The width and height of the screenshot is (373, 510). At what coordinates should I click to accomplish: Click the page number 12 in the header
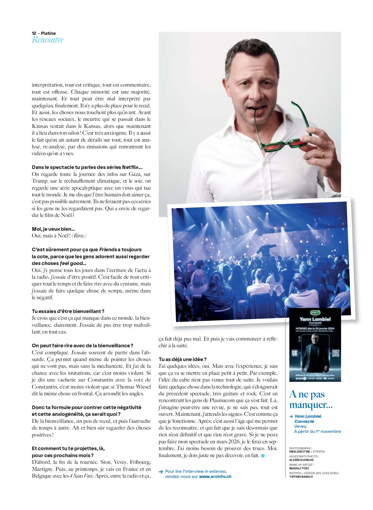click(34, 33)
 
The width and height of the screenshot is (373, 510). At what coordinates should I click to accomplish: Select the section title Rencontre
click(48, 40)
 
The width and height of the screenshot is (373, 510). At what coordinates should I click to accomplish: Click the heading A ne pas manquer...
click(311, 400)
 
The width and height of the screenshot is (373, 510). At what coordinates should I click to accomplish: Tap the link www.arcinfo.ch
click(215, 477)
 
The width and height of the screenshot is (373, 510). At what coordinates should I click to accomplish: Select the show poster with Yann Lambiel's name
click(315, 345)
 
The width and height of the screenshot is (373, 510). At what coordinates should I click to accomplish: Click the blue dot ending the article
click(263, 456)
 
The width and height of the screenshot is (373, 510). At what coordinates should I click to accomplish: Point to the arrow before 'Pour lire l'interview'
click(161, 471)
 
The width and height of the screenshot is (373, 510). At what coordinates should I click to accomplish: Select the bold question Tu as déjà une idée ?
click(183, 359)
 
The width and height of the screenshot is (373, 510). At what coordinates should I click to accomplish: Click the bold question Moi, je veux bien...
click(53, 229)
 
